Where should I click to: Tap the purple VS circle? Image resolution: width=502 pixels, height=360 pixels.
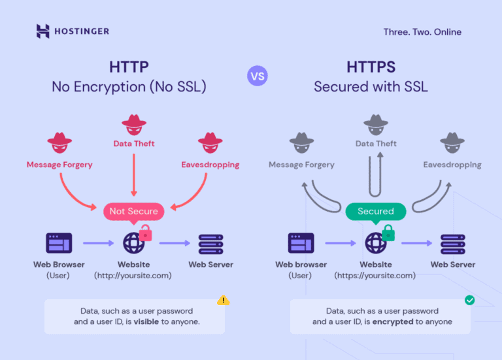click(x=257, y=76)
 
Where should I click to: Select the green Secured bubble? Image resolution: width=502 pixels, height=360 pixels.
click(x=375, y=211)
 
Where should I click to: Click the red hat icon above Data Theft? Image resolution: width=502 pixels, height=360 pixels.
click(x=134, y=122)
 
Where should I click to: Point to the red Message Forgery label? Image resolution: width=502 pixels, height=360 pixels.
click(x=59, y=165)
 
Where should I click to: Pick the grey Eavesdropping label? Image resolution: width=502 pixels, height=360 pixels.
click(x=452, y=165)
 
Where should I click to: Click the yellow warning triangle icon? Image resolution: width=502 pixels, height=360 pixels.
click(x=224, y=301)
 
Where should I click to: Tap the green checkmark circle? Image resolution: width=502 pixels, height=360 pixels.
click(x=469, y=301)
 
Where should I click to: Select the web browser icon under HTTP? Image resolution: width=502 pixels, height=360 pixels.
click(x=59, y=243)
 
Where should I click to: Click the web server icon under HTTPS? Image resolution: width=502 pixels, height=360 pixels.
click(x=452, y=243)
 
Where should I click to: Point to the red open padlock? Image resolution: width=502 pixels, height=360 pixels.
click(x=146, y=232)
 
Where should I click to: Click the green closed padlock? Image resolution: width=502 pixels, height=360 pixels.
click(x=388, y=232)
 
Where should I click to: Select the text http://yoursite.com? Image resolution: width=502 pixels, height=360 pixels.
click(x=133, y=276)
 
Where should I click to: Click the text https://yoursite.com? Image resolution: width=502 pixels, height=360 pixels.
click(x=375, y=276)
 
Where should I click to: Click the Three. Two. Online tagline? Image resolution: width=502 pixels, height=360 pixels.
click(x=422, y=31)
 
